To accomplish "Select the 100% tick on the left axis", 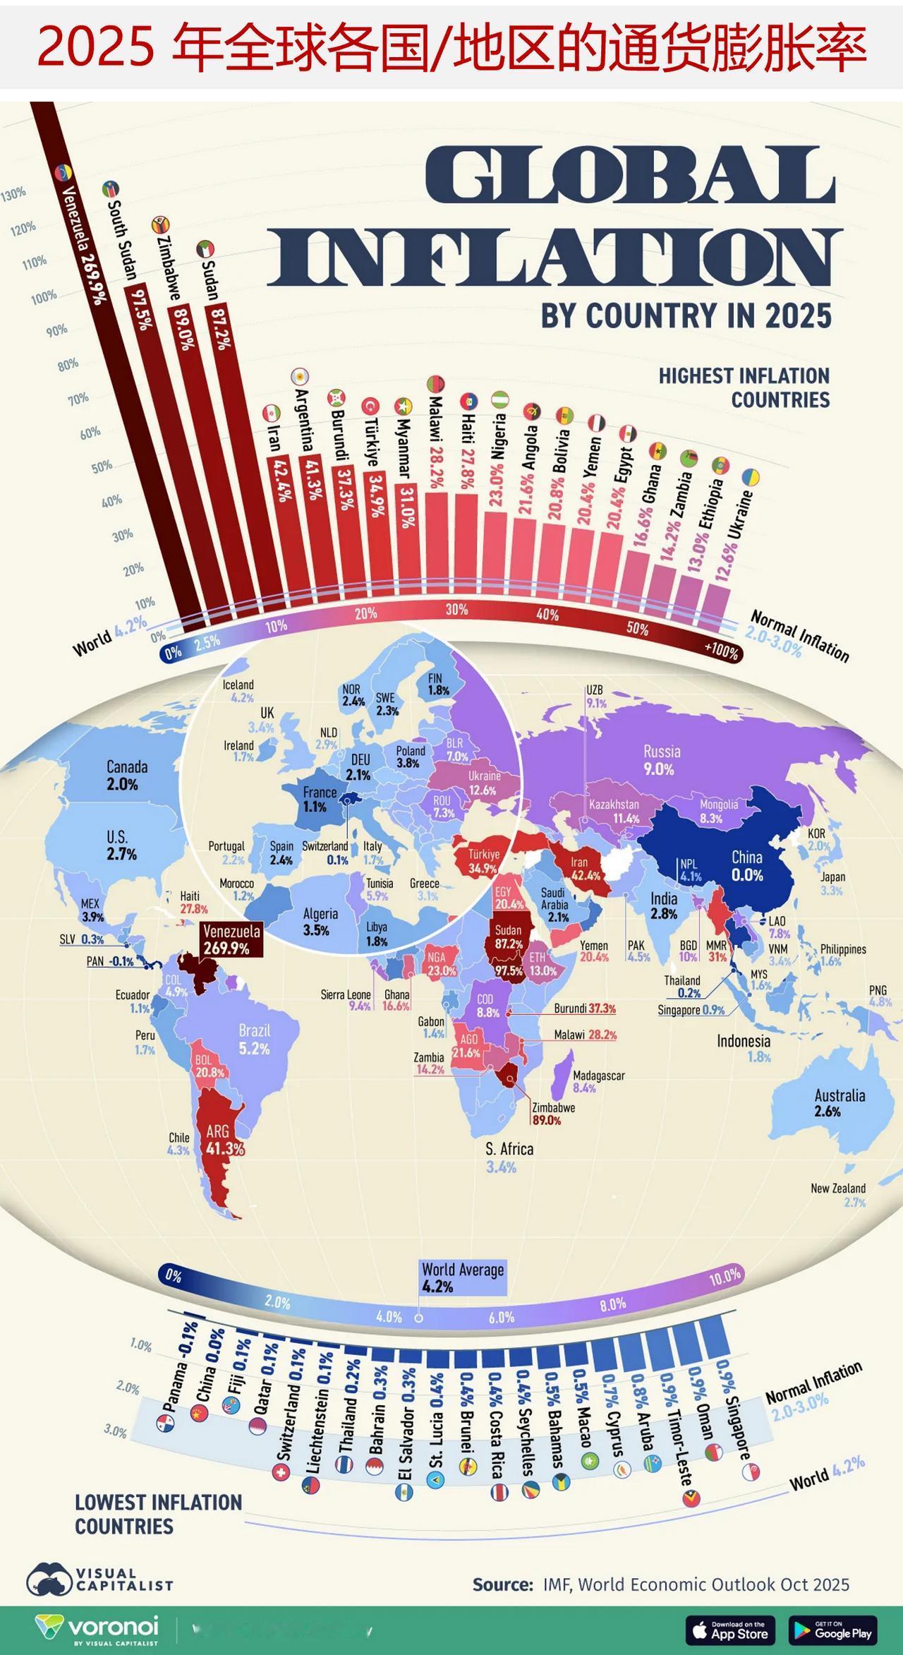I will click(x=43, y=296).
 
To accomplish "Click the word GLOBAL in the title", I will click(x=630, y=175).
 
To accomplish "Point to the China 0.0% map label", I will click(x=746, y=866).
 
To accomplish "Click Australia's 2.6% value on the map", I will click(x=828, y=1111).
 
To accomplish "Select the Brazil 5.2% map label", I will click(x=254, y=1040).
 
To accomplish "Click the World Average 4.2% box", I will click(x=463, y=1278).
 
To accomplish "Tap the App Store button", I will click(x=730, y=1630).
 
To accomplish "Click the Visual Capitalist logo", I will click(x=99, y=1579).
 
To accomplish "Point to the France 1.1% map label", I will click(x=319, y=800).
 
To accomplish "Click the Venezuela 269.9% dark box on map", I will click(x=231, y=939).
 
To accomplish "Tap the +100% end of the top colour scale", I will click(x=721, y=651).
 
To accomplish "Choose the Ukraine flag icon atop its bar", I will click(x=751, y=478).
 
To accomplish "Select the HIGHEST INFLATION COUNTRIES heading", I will click(x=744, y=387).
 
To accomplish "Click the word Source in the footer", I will click(x=502, y=1584).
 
